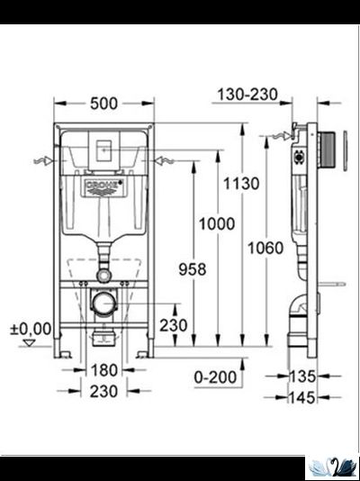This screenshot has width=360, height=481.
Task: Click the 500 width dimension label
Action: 103,104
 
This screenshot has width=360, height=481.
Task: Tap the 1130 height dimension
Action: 240,184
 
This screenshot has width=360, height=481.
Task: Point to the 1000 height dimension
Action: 216,223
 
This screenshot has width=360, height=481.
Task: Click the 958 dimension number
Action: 191,268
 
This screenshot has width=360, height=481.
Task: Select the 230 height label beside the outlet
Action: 173,325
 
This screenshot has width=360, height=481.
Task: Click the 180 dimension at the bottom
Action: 104,369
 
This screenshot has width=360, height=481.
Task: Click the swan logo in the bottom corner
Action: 333,467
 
